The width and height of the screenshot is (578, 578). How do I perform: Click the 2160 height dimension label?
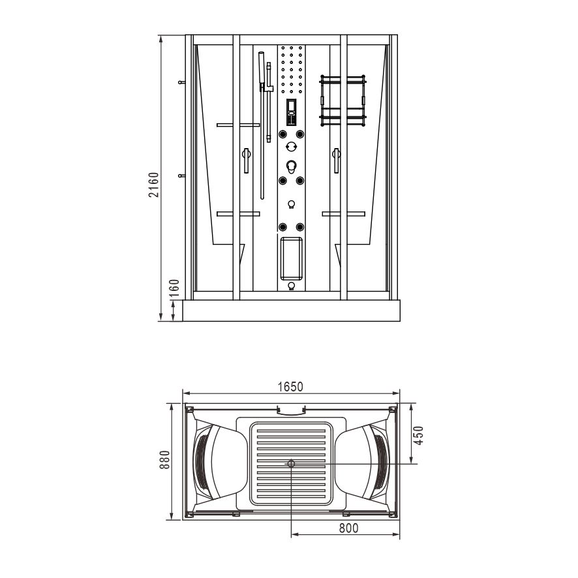[x=154, y=185]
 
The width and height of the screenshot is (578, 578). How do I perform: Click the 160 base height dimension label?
[x=175, y=288]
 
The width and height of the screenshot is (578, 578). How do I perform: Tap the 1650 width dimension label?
[x=290, y=387]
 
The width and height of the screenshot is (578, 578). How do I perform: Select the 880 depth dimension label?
[x=165, y=460]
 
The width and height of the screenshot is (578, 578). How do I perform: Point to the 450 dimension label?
[x=419, y=435]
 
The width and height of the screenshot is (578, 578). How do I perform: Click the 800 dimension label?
[x=348, y=528]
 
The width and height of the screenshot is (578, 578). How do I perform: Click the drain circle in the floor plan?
[x=291, y=463]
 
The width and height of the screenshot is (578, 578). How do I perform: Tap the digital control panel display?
[x=292, y=112]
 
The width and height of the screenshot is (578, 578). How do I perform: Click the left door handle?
[x=246, y=160]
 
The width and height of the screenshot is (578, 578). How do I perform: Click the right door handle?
[x=336, y=160]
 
